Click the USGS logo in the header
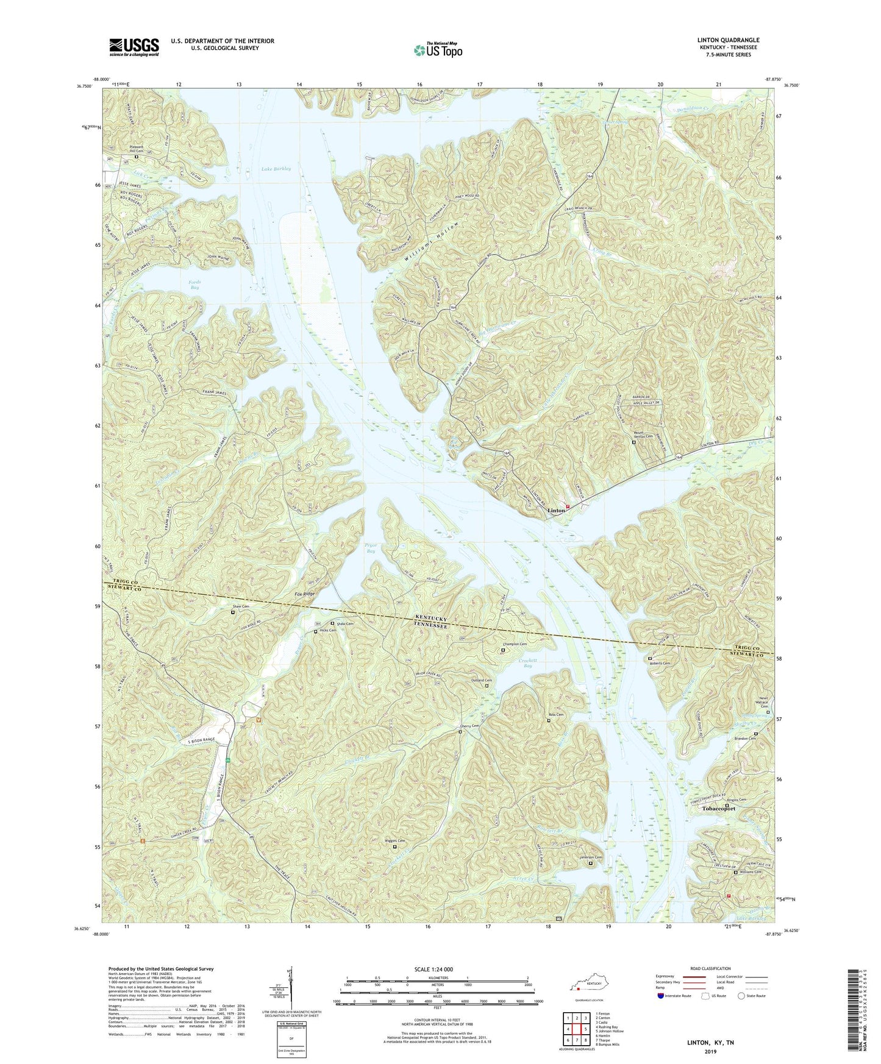(x=134, y=47)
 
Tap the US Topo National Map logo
(x=437, y=50)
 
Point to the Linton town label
(x=555, y=511)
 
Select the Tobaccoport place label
(x=719, y=809)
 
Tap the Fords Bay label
(x=194, y=284)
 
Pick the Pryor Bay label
(x=370, y=547)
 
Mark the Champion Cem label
(x=515, y=644)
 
